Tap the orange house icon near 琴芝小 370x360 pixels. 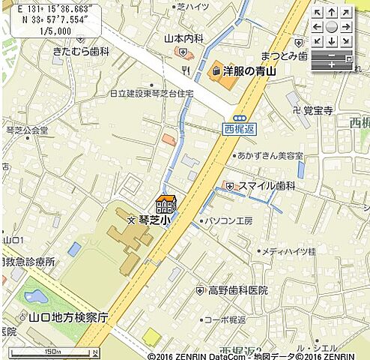[x=166, y=203]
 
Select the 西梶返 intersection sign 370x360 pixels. [x=240, y=129]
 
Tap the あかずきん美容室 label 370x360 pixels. [x=270, y=155]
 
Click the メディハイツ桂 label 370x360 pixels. [x=288, y=252]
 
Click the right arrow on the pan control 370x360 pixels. [x=348, y=26]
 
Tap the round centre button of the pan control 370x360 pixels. [x=332, y=26]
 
